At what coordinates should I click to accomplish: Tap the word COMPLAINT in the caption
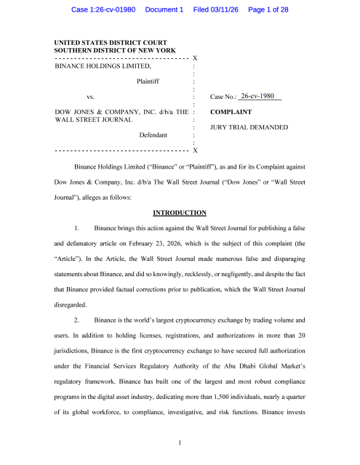[x=231, y=113]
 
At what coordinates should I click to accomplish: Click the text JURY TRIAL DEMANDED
[x=249, y=128]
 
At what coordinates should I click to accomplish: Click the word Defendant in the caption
[x=153, y=135]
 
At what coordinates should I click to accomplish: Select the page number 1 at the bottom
[x=180, y=442]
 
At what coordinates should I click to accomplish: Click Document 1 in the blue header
[x=165, y=10]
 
